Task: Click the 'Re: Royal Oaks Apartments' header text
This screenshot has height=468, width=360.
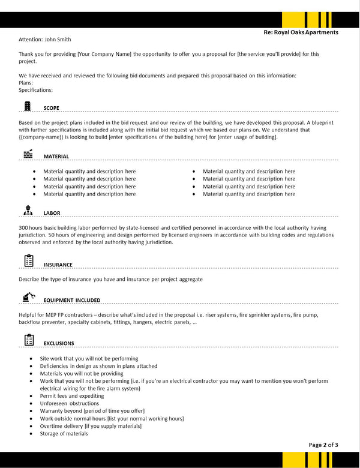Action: click(x=301, y=32)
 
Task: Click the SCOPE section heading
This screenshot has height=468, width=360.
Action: click(x=51, y=108)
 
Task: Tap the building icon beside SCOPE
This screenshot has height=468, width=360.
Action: click(x=28, y=106)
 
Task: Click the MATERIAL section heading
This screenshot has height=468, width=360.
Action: click(x=56, y=157)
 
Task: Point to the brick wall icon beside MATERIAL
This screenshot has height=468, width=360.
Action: click(x=28, y=154)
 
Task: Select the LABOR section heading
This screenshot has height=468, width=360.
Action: click(x=52, y=213)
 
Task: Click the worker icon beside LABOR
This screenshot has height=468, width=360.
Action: click(x=28, y=210)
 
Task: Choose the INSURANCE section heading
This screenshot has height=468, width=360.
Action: click(x=58, y=265)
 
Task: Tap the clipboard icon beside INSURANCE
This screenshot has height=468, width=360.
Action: click(x=28, y=260)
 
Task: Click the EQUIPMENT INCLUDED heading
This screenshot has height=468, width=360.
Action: click(x=71, y=300)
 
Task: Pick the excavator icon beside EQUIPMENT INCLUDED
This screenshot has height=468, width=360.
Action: click(x=28, y=296)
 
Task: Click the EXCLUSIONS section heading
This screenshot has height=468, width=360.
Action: click(x=58, y=344)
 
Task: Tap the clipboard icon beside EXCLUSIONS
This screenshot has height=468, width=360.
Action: click(x=28, y=340)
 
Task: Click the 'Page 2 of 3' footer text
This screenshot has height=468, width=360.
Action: click(x=323, y=445)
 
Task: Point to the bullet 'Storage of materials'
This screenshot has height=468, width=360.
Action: click(x=65, y=434)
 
